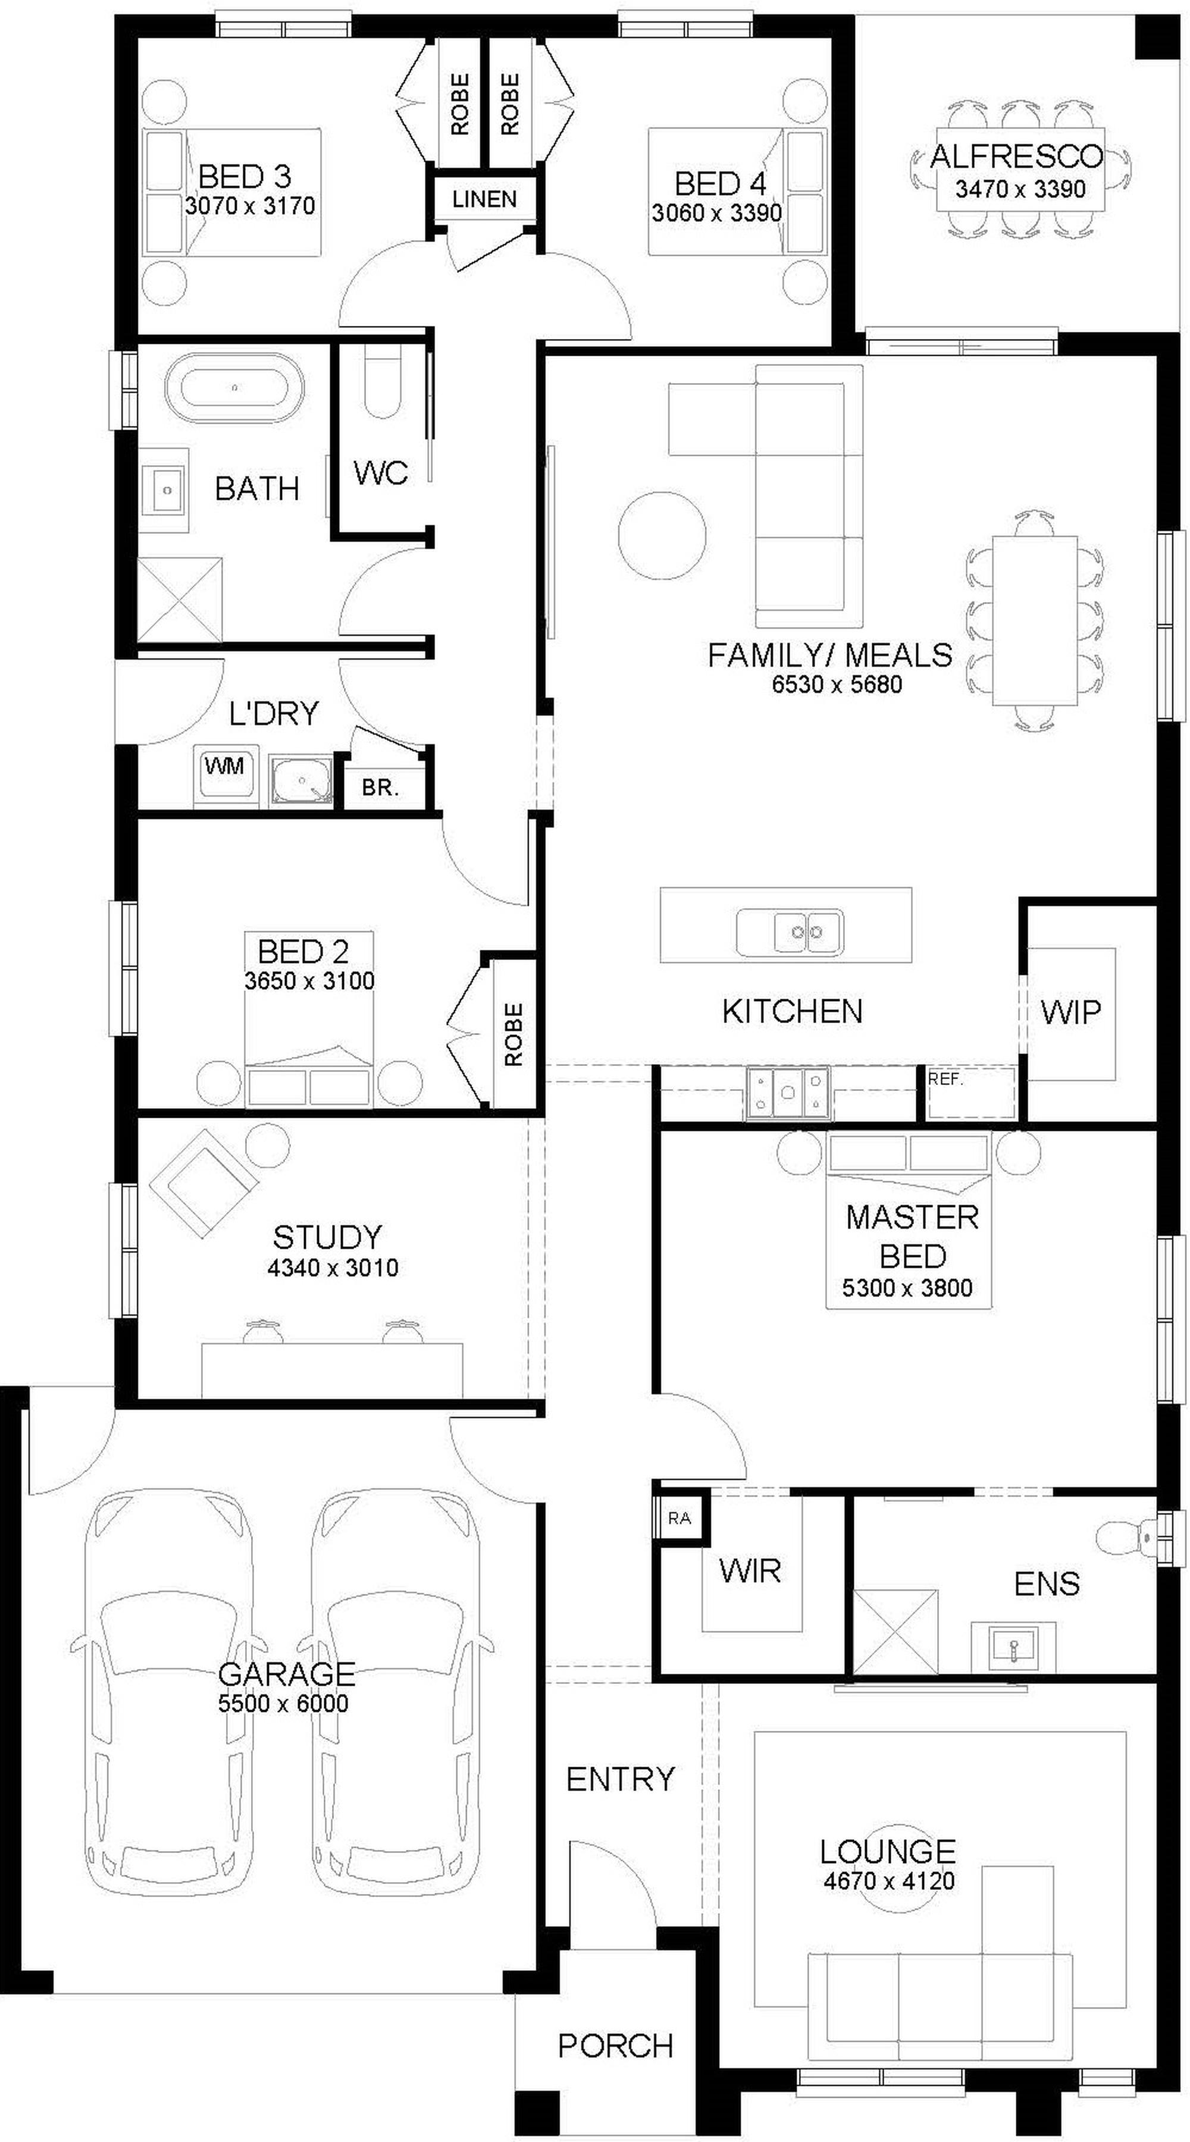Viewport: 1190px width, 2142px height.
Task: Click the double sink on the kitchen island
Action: [x=789, y=932]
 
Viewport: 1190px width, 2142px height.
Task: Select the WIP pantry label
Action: [x=1070, y=1012]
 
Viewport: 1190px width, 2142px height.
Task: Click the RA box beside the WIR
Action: [x=679, y=1519]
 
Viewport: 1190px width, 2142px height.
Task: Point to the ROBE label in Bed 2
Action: [x=514, y=1034]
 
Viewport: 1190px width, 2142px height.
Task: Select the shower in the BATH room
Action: [x=180, y=600]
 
